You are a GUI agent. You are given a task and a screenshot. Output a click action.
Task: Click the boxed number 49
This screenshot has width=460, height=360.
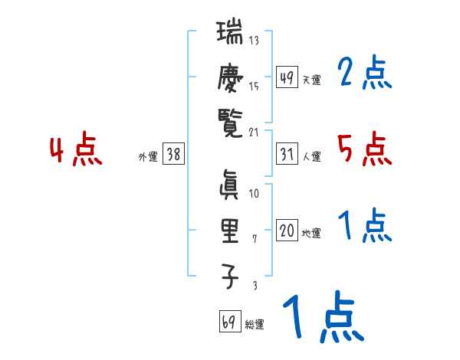287,77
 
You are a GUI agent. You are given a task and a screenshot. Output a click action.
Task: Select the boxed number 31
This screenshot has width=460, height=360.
287,154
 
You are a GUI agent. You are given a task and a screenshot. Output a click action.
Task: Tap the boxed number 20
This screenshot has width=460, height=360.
287,231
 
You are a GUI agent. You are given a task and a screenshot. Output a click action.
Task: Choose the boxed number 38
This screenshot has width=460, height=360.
173,154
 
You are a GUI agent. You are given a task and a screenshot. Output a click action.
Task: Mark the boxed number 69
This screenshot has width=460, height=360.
228,322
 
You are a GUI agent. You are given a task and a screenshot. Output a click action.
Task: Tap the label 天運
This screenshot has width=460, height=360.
311,80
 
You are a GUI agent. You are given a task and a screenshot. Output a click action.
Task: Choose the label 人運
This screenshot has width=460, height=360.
311,157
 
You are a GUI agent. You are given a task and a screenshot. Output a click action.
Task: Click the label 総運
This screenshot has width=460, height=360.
255,325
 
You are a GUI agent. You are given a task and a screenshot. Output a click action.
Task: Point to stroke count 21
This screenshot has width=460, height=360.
254,132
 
